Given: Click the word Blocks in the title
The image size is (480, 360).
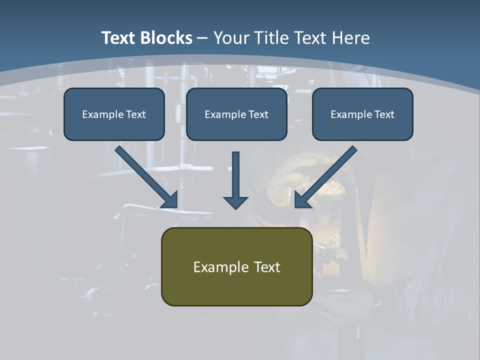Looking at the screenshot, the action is pyautogui.click(x=166, y=37).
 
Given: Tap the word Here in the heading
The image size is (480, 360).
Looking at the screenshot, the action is pyautogui.click(x=351, y=37).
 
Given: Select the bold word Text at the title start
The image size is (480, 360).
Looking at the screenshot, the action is pyautogui.click(x=119, y=37).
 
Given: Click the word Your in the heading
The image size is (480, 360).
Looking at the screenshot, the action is pyautogui.click(x=232, y=37).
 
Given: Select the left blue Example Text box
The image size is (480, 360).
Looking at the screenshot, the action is pyautogui.click(x=114, y=114).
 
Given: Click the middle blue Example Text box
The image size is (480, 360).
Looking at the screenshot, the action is pyautogui.click(x=236, y=114).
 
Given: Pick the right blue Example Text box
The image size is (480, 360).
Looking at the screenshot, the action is pyautogui.click(x=363, y=114).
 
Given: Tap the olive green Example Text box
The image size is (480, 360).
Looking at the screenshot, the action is pyautogui.click(x=237, y=266).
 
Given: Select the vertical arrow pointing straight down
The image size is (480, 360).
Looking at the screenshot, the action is pyautogui.click(x=235, y=180).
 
